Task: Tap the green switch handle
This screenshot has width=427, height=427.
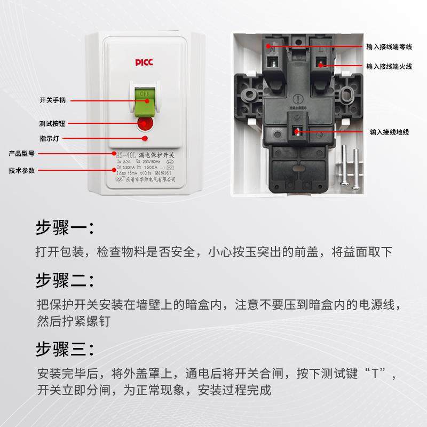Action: tap(145, 101)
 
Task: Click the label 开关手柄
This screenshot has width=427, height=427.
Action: tap(53, 100)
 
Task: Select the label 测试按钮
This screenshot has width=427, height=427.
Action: tap(53, 122)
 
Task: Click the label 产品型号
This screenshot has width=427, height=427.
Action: tap(22, 154)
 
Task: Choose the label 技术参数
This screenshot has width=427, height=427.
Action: tap(22, 171)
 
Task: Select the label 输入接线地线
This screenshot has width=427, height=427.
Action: tap(389, 132)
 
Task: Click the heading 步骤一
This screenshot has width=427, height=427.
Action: tap(65, 228)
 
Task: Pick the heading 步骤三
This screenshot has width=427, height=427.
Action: tap(65, 350)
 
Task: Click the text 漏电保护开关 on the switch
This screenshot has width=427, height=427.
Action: tap(163, 155)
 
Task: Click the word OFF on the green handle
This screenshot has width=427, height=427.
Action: tap(145, 92)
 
